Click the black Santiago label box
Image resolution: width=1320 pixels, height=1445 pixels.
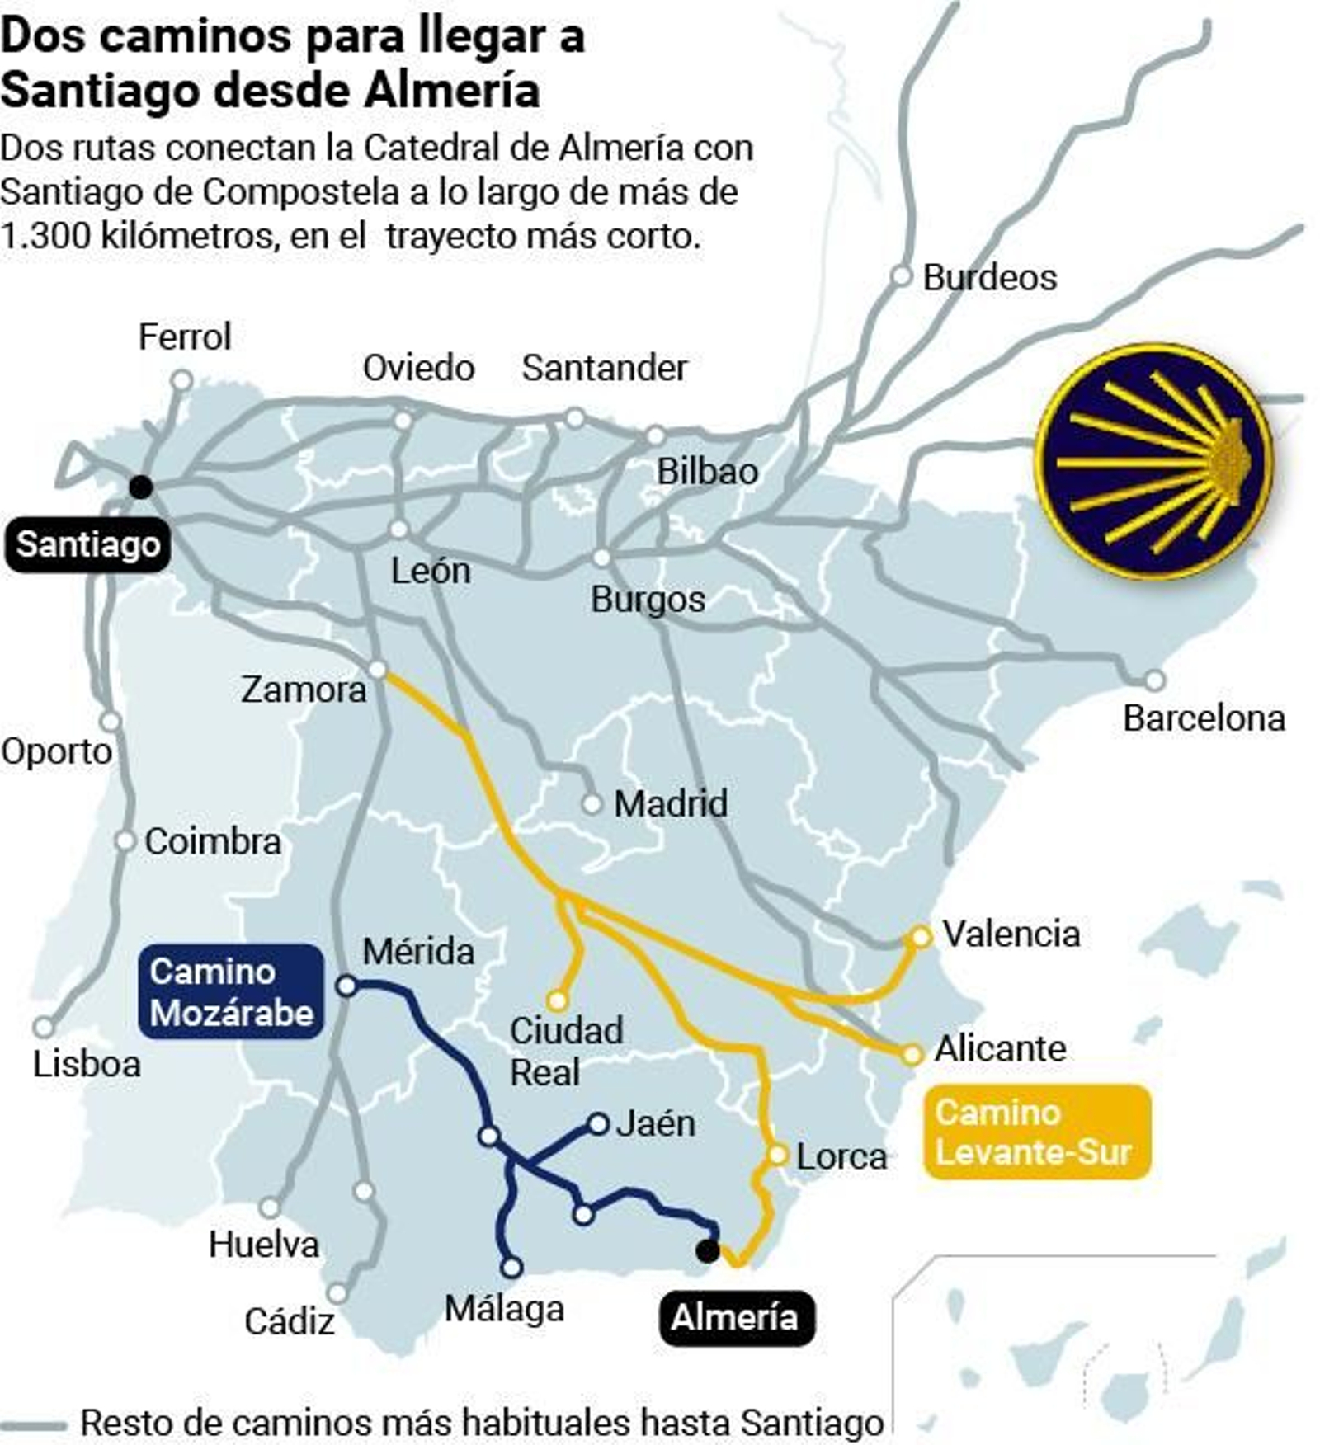click(x=87, y=545)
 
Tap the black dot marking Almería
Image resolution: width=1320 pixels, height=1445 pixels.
click(x=707, y=1250)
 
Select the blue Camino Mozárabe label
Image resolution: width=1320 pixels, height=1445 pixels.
click(x=232, y=991)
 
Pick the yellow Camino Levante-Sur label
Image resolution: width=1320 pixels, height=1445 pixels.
click(x=1037, y=1132)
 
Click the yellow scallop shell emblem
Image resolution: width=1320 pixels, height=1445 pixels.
click(x=1154, y=461)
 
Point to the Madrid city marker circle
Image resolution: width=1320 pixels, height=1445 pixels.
click(x=592, y=803)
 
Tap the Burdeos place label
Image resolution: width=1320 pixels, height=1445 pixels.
click(x=989, y=277)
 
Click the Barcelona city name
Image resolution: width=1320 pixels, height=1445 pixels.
click(x=1204, y=718)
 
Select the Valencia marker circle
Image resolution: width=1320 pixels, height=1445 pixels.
click(x=920, y=937)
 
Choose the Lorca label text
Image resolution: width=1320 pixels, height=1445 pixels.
click(x=841, y=1156)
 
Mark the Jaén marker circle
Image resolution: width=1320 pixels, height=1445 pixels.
click(x=598, y=1123)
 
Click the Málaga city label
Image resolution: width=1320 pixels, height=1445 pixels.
click(x=504, y=1309)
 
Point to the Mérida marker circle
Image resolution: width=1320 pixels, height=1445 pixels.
click(x=347, y=986)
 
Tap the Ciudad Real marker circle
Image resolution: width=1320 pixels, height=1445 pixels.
click(x=558, y=1000)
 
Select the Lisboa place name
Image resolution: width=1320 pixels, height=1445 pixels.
click(x=87, y=1064)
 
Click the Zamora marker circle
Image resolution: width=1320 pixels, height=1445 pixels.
click(x=377, y=670)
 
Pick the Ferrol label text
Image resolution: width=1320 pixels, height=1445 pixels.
click(x=184, y=337)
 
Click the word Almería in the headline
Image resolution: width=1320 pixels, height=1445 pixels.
click(x=452, y=89)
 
